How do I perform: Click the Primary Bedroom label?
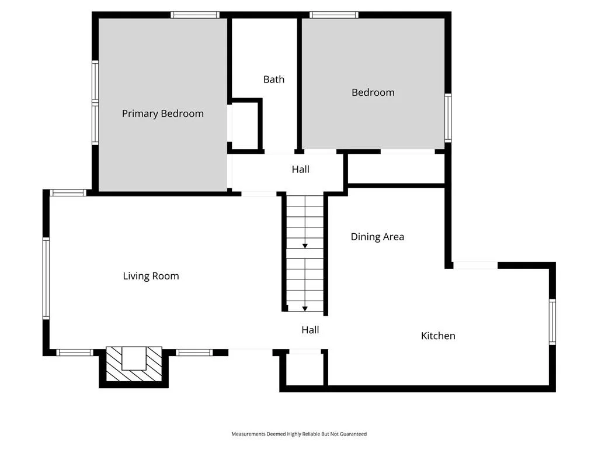tap(163, 114)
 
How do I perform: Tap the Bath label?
tap(274, 80)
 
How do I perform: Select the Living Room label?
tap(151, 276)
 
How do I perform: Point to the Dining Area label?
tap(377, 237)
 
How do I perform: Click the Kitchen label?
tap(438, 336)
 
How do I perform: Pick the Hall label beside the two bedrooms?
tap(301, 169)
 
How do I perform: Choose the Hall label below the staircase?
tap(310, 330)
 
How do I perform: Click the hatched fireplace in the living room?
tap(134, 364)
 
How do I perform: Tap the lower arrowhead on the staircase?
tap(305, 309)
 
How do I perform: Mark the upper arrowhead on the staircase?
tap(305, 246)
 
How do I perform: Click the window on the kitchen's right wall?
tap(552, 322)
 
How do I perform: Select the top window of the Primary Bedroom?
tap(195, 15)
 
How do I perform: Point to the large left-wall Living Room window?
tap(46, 278)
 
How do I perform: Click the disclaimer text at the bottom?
tap(299, 434)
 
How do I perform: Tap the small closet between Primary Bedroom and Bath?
tap(245, 125)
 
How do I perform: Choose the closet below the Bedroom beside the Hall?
tap(397, 169)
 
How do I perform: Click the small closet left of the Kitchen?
tap(305, 369)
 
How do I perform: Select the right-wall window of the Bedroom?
tap(448, 118)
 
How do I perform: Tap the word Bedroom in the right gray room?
tap(373, 92)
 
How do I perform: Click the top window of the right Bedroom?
tap(333, 15)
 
